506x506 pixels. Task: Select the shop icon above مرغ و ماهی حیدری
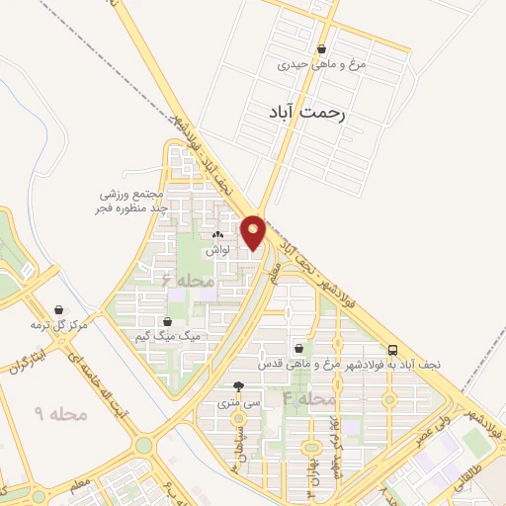321,48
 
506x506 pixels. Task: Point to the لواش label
217,251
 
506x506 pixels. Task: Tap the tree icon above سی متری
238,387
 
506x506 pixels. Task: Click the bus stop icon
393,349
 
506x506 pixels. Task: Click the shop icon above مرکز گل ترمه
59,309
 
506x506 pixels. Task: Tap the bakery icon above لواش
217,235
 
